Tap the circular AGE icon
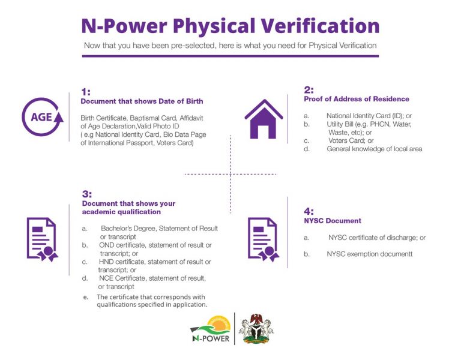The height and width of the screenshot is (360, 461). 43,116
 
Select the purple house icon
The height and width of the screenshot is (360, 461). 264,119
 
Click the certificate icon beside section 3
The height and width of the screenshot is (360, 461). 43,239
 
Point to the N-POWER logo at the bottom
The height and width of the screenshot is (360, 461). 211,329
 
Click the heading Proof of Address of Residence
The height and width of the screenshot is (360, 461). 357,99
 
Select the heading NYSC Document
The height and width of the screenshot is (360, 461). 333,221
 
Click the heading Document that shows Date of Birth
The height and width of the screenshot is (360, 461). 142,101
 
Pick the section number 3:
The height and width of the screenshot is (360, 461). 87,194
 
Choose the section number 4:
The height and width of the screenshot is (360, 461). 309,211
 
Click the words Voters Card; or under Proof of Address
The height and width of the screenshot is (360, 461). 351,140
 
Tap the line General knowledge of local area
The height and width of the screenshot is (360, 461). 375,149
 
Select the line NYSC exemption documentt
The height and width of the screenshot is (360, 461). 370,254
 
